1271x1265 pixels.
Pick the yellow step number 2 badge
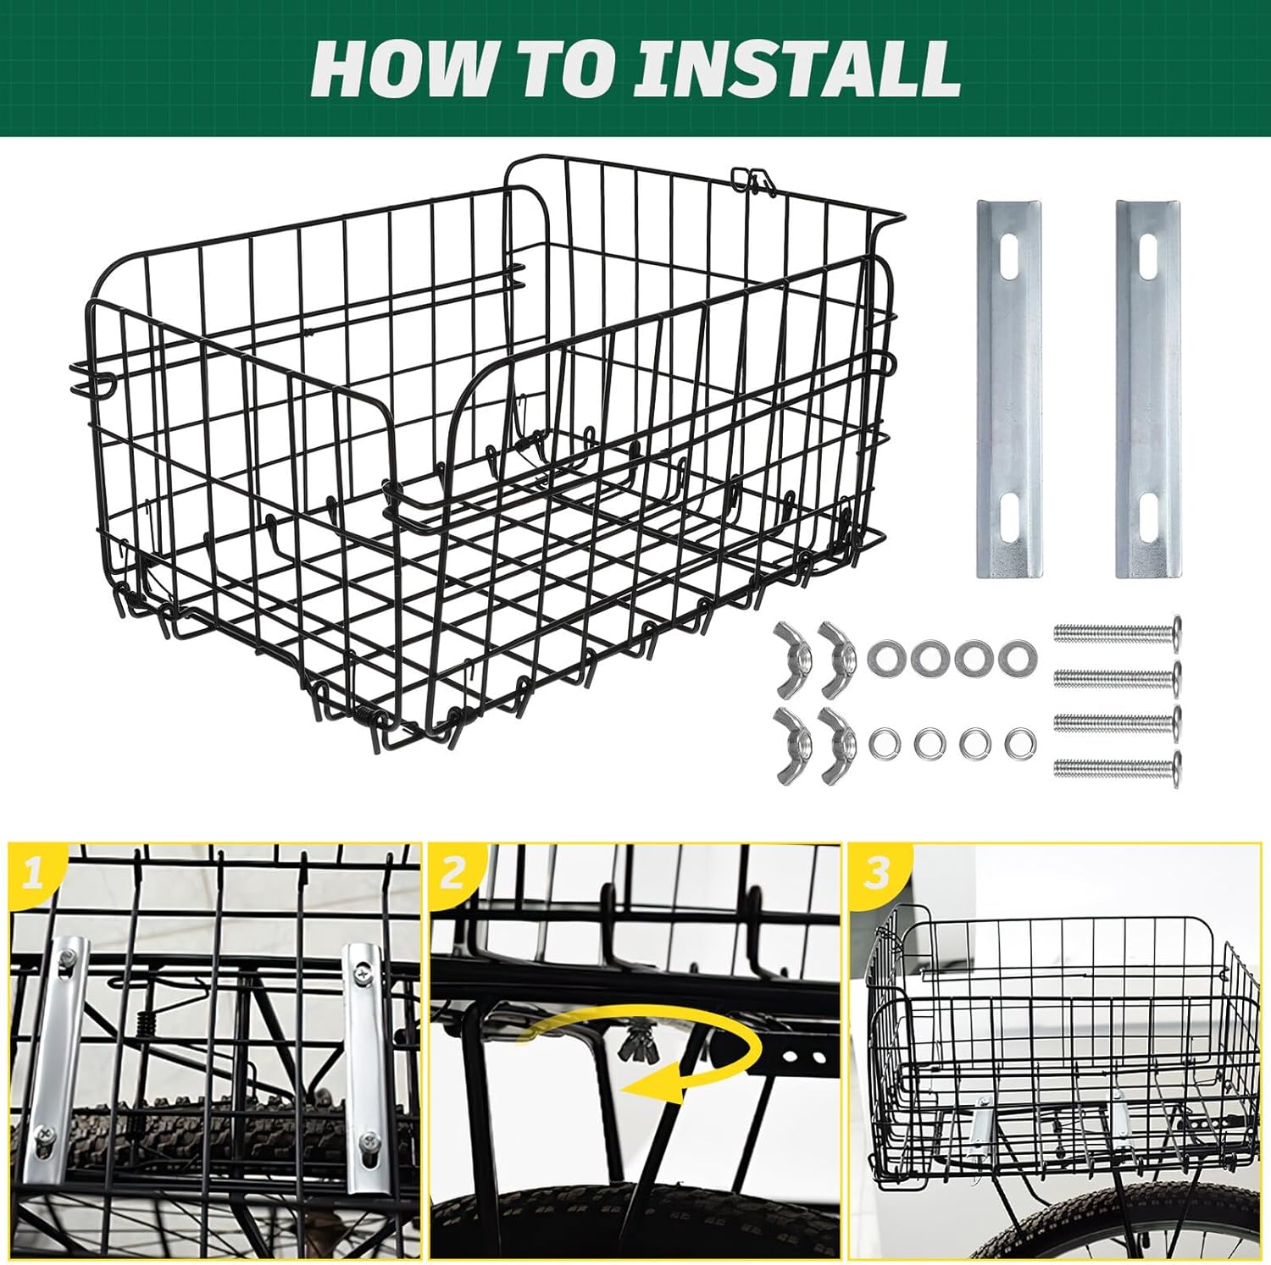coord(452,872)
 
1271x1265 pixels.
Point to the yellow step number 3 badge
coord(876,872)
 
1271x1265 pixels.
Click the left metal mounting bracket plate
coord(1009,389)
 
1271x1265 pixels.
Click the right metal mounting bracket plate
coord(1147,389)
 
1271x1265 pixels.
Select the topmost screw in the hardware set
coord(1117,631)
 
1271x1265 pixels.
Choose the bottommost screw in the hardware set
coord(1117,769)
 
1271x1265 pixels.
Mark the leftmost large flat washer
coord(885,658)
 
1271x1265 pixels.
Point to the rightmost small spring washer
coord(1014,743)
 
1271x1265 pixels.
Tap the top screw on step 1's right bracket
coord(362,975)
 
